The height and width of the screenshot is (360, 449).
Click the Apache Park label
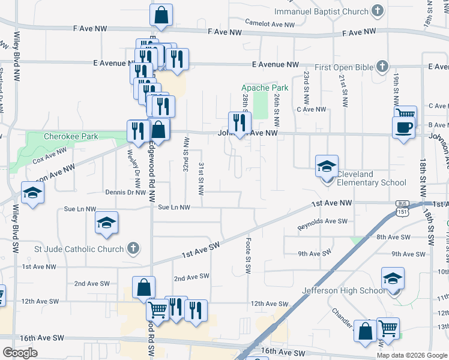265,88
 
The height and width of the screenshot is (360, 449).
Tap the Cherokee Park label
71,136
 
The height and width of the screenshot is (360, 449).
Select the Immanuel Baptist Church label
321,11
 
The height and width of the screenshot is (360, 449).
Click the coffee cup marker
403,128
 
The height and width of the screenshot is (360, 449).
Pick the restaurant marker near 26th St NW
240,123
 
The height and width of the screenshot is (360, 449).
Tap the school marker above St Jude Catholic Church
106,224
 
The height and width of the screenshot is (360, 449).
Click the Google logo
20,353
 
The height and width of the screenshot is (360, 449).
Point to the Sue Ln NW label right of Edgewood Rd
173,208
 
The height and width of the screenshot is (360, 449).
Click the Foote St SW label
248,256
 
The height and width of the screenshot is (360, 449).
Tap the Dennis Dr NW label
125,193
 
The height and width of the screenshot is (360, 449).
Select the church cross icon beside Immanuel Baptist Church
378,11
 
